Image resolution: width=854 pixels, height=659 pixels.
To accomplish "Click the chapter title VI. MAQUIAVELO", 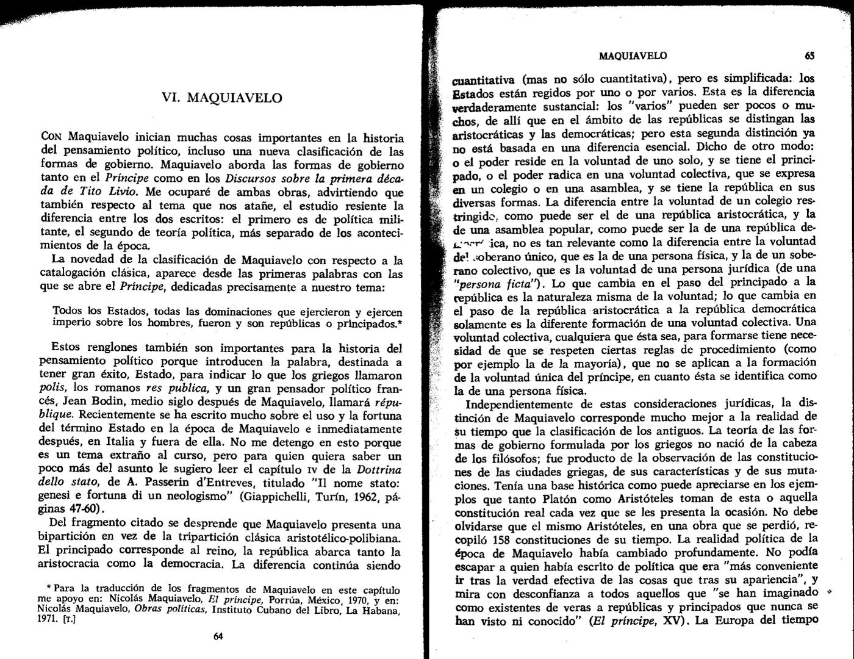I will (221, 98).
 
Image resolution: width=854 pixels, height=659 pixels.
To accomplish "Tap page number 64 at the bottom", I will (218, 636).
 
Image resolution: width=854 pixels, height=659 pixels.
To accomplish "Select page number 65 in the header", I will (809, 56).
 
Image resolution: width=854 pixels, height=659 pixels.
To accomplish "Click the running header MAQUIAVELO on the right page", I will (633, 56).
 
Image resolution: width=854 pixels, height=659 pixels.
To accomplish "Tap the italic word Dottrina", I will (379, 469).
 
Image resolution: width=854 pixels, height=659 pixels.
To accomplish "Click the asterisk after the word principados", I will (400, 322).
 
